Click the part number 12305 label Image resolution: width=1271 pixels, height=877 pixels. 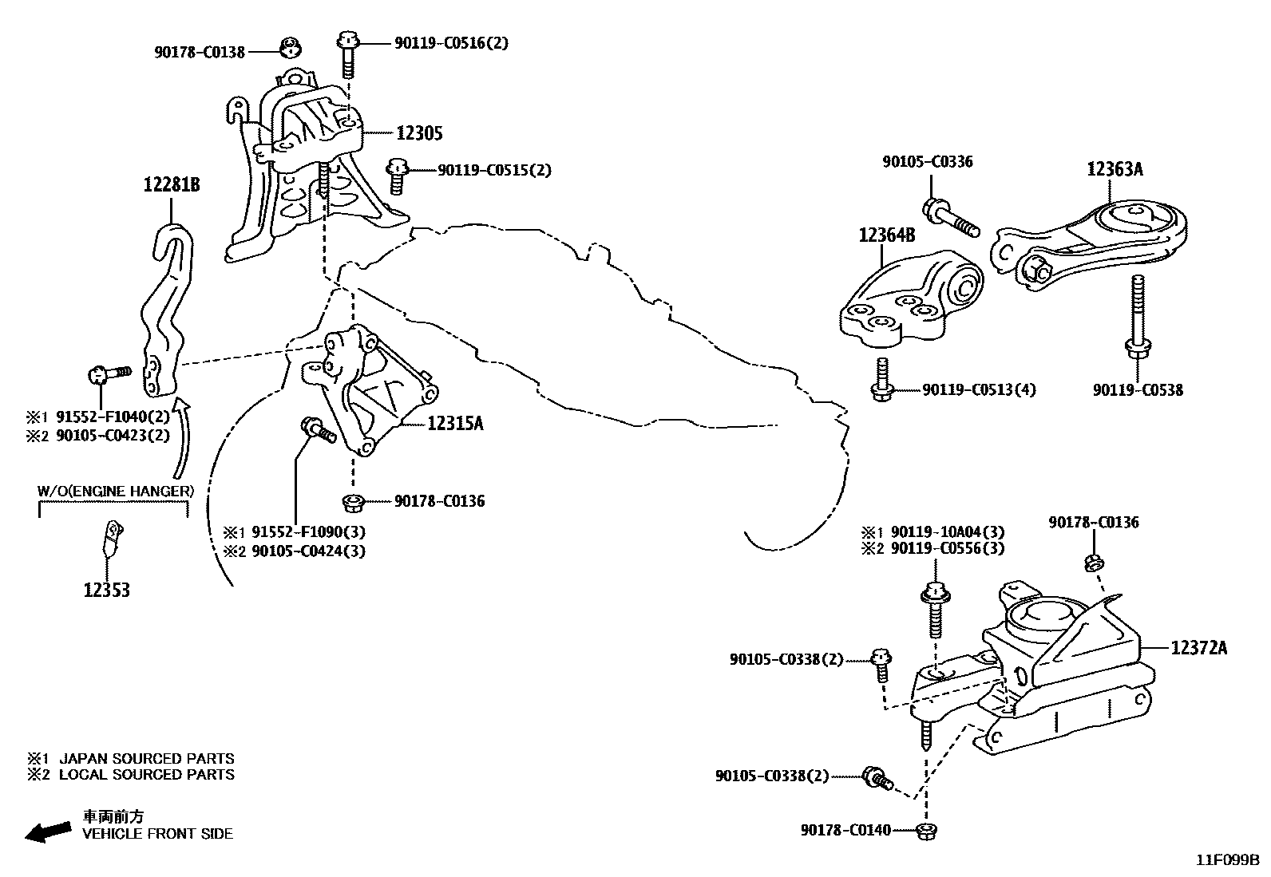(419, 133)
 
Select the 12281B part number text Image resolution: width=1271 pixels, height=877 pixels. (172, 185)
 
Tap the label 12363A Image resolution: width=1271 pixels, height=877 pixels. (1115, 169)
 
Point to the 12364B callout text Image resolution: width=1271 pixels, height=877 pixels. (887, 235)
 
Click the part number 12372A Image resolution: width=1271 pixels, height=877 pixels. (1199, 648)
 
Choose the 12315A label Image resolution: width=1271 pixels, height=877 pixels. (455, 424)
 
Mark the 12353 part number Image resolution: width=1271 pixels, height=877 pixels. (107, 591)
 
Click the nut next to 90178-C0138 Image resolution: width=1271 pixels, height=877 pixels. (292, 49)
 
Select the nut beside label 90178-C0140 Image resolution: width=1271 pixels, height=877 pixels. (926, 831)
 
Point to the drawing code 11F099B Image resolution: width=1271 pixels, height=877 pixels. (1227, 860)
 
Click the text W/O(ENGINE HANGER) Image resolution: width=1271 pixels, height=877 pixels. (116, 491)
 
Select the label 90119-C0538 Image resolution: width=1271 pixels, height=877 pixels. (1138, 390)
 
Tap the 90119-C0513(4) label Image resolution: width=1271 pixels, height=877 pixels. (979, 390)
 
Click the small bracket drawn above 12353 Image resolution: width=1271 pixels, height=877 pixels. (113, 535)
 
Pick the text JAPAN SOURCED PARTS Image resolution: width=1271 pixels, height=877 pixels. (147, 759)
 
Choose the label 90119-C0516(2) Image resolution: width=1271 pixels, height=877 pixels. (451, 43)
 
